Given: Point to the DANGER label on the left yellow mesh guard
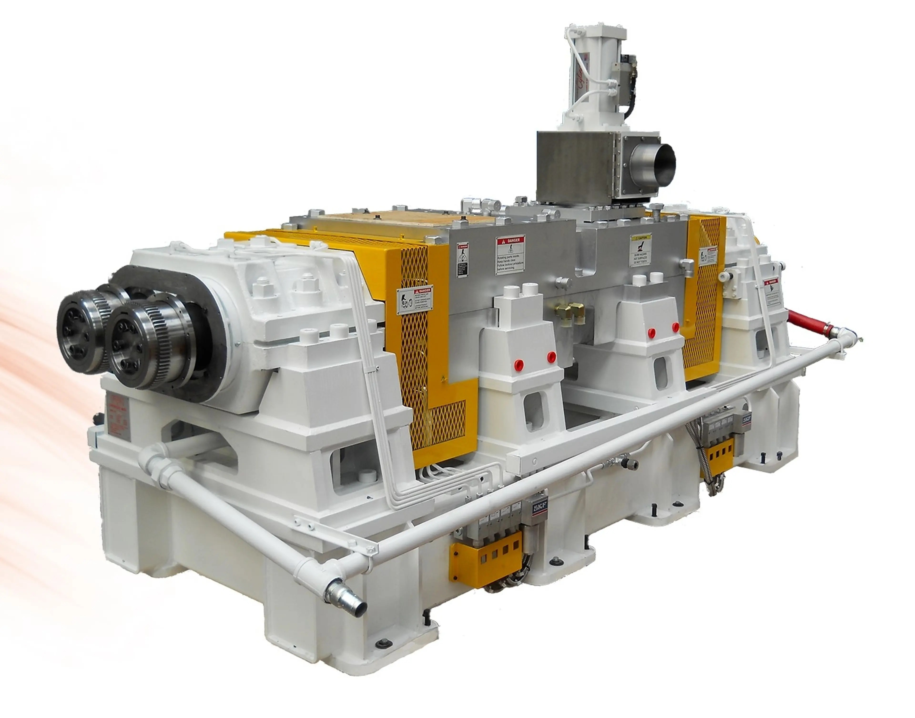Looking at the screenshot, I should click(x=414, y=301).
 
